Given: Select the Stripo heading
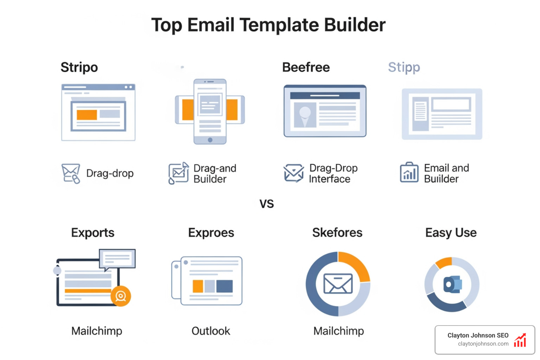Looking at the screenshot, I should click(x=79, y=67).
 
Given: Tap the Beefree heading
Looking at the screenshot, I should click(x=306, y=67).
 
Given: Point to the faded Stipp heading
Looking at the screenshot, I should click(x=404, y=67).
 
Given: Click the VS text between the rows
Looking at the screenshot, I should click(x=266, y=204).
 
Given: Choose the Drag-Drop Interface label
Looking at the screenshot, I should click(x=333, y=173).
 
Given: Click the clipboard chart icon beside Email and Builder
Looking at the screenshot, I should click(x=409, y=173).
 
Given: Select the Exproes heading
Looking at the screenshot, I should click(x=211, y=233).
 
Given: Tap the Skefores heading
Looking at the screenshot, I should click(x=337, y=233).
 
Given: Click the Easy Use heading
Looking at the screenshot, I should click(x=451, y=233).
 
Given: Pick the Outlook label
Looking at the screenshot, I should click(x=211, y=331).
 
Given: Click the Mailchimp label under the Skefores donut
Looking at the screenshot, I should click(x=339, y=331).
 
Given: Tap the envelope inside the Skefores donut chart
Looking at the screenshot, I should click(x=338, y=284).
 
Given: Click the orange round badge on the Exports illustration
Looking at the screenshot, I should click(x=121, y=296).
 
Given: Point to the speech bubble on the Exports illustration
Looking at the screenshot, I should click(x=117, y=259).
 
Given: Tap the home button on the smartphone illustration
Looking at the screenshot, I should click(x=210, y=140).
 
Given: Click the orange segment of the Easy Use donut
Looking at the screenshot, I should click(x=444, y=262).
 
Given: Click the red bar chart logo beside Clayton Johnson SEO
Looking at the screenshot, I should click(x=520, y=340).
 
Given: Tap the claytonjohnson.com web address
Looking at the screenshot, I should click(x=483, y=344).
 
